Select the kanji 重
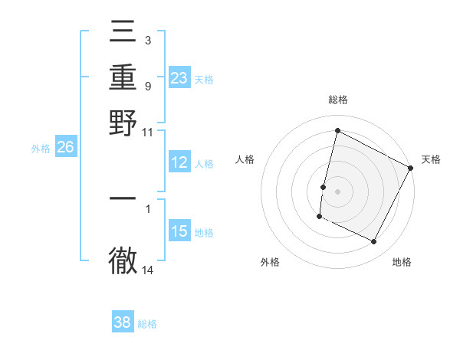[123, 79]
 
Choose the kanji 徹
[123, 260]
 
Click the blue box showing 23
[179, 77]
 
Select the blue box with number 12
[179, 162]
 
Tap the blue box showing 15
[179, 231]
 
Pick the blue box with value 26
[66, 148]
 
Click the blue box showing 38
[123, 322]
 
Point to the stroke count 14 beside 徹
[148, 270]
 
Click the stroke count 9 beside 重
[148, 87]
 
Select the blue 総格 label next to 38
[147, 324]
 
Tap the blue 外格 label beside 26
[41, 149]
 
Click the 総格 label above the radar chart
[337, 100]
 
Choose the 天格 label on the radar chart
[431, 159]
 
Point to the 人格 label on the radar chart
[245, 159]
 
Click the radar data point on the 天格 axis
[411, 167]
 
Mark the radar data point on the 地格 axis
[374, 242]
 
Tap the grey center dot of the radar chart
[337, 190]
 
